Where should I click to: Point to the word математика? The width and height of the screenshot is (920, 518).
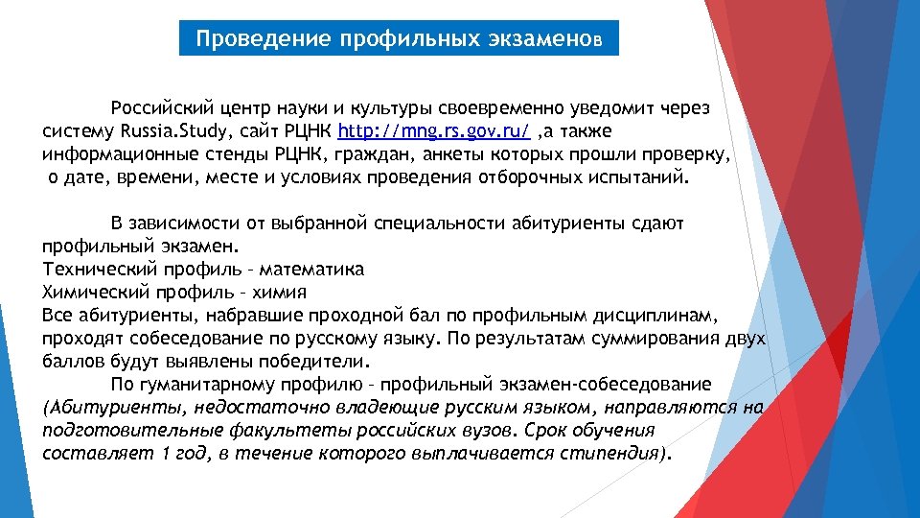pyautogui.click(x=317, y=270)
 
